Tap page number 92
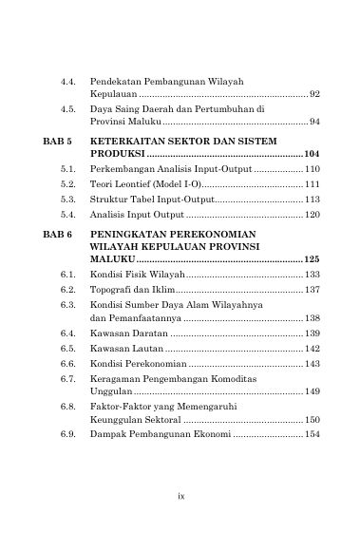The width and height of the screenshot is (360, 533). pyautogui.click(x=314, y=95)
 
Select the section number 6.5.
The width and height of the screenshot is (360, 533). pyautogui.click(x=67, y=349)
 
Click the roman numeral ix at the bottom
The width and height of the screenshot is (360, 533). pyautogui.click(x=180, y=495)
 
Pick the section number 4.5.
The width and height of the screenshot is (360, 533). pyautogui.click(x=67, y=109)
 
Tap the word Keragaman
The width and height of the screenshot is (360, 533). pyautogui.click(x=115, y=378)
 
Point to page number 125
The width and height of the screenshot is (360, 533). pyautogui.click(x=312, y=258)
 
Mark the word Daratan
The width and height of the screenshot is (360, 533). pyautogui.click(x=150, y=334)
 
